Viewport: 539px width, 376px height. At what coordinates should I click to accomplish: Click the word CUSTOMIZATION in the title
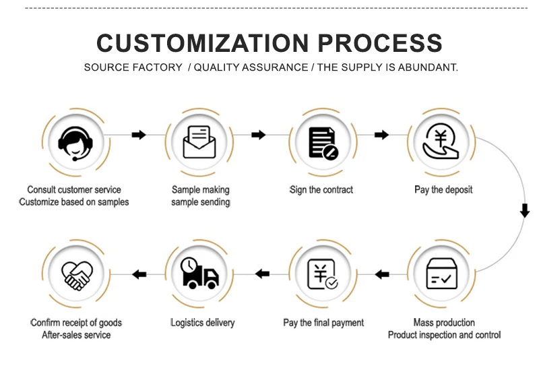[203, 43]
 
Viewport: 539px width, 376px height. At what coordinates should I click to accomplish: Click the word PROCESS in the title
[380, 43]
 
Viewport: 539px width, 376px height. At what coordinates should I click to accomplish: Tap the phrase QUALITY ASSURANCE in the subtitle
[251, 67]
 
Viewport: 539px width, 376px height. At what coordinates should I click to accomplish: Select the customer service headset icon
[75, 144]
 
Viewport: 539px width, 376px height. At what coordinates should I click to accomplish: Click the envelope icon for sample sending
[199, 142]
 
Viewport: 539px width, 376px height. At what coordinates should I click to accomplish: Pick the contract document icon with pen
[323, 143]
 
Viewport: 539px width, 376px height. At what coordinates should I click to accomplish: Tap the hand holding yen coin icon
[441, 142]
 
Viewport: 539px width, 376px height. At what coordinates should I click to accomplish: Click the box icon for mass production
[442, 274]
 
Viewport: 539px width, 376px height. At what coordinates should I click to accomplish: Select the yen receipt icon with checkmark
[323, 274]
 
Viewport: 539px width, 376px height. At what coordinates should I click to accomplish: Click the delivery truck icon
[199, 272]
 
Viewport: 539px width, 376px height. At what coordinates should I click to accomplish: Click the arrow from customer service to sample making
[139, 135]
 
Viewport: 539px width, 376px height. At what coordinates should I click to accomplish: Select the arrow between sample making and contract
[259, 135]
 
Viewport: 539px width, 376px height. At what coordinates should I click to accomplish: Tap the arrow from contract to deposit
[381, 135]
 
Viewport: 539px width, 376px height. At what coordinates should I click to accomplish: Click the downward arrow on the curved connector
[525, 210]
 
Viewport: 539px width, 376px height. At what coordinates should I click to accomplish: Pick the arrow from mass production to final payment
[382, 274]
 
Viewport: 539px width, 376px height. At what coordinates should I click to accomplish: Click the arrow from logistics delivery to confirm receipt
[139, 274]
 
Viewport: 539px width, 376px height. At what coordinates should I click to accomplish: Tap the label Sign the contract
[321, 190]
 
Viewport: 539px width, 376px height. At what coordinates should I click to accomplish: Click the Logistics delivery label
[203, 323]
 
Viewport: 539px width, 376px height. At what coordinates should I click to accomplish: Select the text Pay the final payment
[323, 323]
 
